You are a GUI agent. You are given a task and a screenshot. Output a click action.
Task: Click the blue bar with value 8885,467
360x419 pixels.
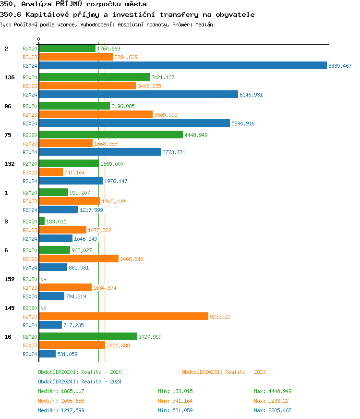[182, 66]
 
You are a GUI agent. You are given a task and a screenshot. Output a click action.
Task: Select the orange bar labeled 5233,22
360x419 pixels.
[123, 316]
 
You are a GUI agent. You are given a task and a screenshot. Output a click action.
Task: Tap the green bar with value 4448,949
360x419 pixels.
[110, 135]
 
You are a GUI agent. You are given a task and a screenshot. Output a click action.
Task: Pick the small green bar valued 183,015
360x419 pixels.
[42, 221]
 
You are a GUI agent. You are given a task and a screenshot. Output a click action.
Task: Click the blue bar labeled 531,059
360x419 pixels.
[47, 354]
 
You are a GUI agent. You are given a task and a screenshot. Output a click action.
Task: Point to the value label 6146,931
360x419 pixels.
[251, 95]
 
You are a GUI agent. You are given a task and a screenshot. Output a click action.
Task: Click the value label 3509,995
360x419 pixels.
[166, 115]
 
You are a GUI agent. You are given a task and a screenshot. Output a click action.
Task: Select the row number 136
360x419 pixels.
[9, 77]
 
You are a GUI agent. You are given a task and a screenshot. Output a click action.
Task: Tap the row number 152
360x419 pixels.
[9, 279]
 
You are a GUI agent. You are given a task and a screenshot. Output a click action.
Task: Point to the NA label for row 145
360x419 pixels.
[43, 308]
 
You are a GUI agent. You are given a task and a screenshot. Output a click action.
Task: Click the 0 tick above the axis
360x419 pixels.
[39, 39]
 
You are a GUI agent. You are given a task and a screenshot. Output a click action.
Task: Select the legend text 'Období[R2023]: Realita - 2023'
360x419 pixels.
[224, 372]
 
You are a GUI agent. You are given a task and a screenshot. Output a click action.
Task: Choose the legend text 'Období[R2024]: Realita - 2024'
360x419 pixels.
[80, 382]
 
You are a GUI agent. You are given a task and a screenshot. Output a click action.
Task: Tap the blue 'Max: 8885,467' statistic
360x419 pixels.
[273, 410]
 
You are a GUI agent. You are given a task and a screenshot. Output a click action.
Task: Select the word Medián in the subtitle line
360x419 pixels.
[204, 24]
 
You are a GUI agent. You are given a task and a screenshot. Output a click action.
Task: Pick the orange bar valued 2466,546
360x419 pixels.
[78, 259]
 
